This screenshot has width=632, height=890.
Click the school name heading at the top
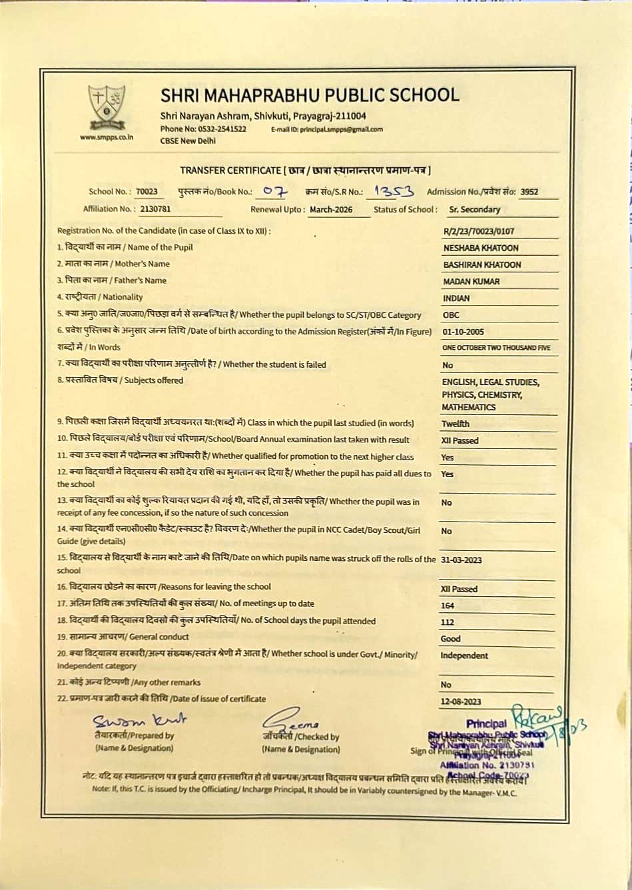click(310, 95)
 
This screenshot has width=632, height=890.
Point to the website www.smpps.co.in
click(107, 137)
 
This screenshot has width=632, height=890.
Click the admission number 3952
click(529, 193)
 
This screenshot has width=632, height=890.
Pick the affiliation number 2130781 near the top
click(155, 209)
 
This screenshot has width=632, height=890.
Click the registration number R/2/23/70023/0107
click(478, 232)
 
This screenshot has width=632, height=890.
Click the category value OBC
click(451, 315)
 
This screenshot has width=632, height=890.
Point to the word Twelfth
click(456, 424)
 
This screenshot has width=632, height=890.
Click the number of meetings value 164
click(448, 606)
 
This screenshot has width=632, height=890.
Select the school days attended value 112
click(448, 622)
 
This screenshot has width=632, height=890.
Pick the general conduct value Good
click(451, 639)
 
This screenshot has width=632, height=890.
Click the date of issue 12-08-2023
click(461, 701)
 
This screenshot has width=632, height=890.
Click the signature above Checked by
click(291, 719)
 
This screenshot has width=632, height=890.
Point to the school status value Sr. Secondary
click(474, 209)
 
